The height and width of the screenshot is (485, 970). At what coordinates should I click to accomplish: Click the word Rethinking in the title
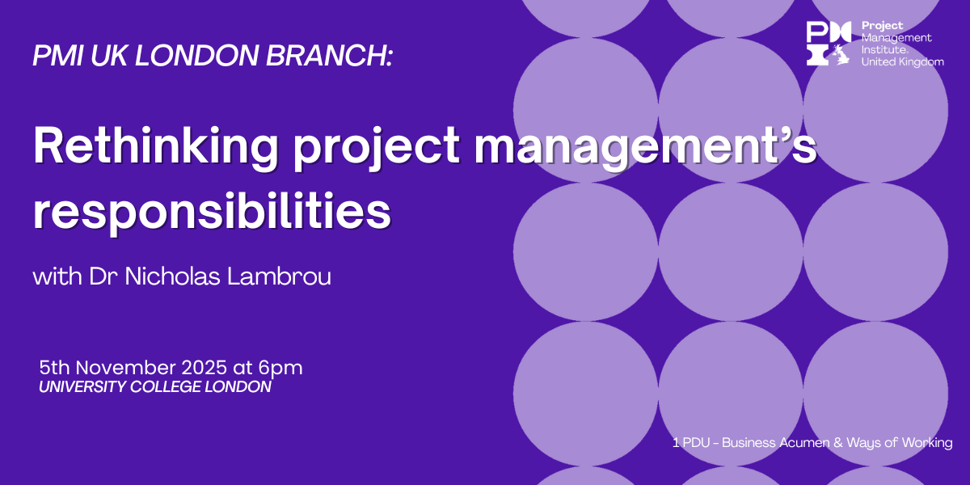tap(155, 147)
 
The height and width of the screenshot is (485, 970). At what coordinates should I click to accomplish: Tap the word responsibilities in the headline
tap(212, 212)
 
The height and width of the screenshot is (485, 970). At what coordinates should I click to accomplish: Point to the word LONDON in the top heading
tap(197, 56)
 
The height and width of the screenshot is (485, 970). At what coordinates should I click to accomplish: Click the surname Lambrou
tap(280, 276)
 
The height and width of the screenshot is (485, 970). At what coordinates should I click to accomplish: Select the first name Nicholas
tap(172, 276)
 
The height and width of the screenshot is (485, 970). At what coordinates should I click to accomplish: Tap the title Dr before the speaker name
tap(103, 276)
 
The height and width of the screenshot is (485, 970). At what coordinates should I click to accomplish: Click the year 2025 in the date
tap(204, 368)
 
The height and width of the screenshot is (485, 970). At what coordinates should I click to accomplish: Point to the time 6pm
tap(280, 369)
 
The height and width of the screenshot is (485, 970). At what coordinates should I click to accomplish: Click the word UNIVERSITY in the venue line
tap(82, 386)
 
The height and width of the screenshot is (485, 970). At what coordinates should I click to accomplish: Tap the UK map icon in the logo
tap(841, 55)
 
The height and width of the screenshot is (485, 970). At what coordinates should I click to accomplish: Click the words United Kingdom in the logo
tap(902, 62)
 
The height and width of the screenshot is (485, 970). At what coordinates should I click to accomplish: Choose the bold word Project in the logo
tap(882, 27)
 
